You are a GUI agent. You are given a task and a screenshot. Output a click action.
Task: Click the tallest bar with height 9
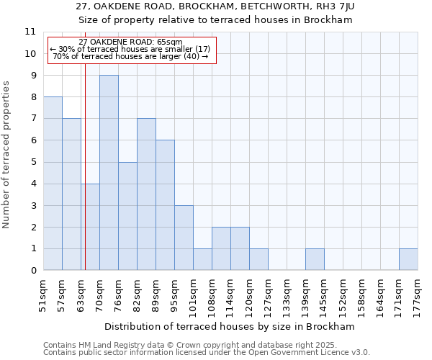pyautogui.click(x=109, y=173)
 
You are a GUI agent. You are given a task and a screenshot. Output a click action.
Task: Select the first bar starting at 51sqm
pyautogui.click(x=53, y=184)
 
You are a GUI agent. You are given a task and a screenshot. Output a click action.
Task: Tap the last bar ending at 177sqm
pyautogui.click(x=408, y=260)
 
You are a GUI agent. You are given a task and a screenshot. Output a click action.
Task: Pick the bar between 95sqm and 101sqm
pyautogui.click(x=184, y=238)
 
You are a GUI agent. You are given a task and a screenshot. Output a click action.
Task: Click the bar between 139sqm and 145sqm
pyautogui.click(x=315, y=260)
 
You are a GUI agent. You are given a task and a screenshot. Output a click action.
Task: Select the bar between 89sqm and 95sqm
pyautogui.click(x=165, y=205)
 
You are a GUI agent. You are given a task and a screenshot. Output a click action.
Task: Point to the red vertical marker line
pyautogui.click(x=85, y=180)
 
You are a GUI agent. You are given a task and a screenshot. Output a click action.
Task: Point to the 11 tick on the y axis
pyautogui.click(x=30, y=32)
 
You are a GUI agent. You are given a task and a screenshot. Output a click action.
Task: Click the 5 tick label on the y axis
pyautogui.click(x=32, y=162)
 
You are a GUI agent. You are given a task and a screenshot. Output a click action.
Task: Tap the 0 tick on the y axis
pyautogui.click(x=32, y=271)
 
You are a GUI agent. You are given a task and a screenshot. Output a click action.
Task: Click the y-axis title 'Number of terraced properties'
pyautogui.click(x=7, y=155)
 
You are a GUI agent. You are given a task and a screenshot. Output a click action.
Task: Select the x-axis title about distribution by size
pyautogui.click(x=234, y=326)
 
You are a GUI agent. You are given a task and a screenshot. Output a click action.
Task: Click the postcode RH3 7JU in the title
pyautogui.click(x=335, y=6)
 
